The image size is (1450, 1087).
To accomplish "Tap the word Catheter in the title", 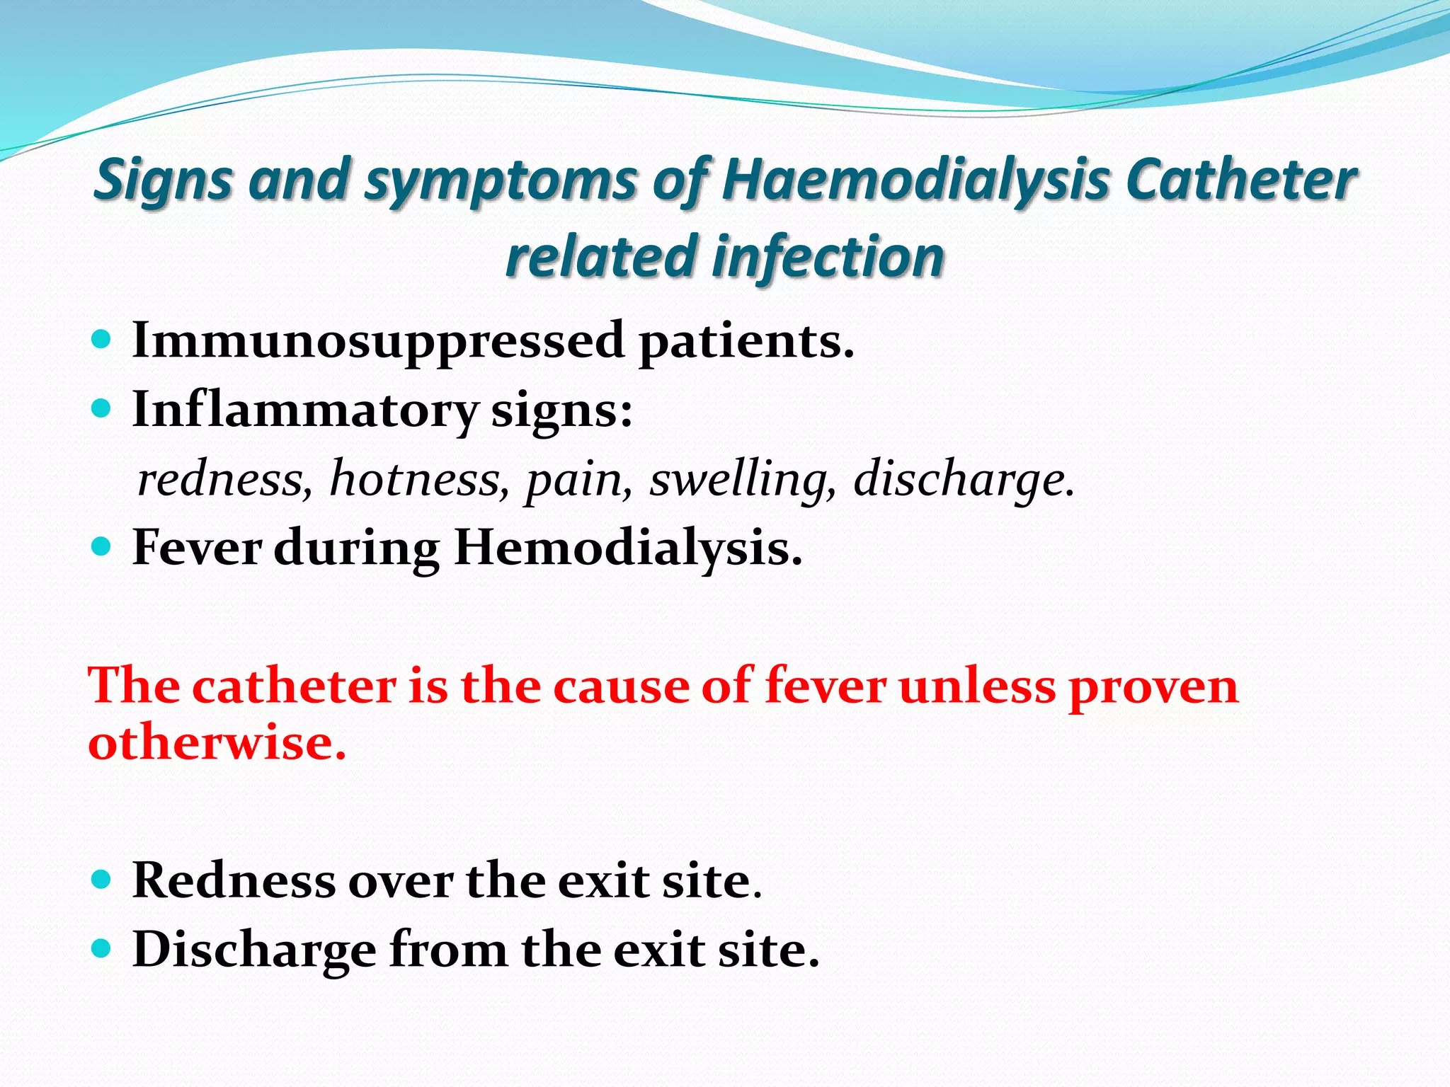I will click(x=1240, y=180).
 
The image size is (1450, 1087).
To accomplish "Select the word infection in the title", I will click(x=828, y=257).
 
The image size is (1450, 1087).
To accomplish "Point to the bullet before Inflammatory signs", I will click(x=102, y=408).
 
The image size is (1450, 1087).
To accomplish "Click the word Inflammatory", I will click(x=305, y=410).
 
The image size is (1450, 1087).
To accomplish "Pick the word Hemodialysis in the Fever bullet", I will click(x=628, y=548).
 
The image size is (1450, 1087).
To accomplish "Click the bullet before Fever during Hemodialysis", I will click(x=102, y=546).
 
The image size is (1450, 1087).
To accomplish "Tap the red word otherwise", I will click(x=217, y=743).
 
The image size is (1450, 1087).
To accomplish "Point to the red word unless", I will click(x=977, y=686).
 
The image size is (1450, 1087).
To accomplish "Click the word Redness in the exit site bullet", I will click(x=234, y=881).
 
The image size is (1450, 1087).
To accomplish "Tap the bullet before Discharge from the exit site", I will click(x=102, y=948).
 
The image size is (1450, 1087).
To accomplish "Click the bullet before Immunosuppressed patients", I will click(x=102, y=340).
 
